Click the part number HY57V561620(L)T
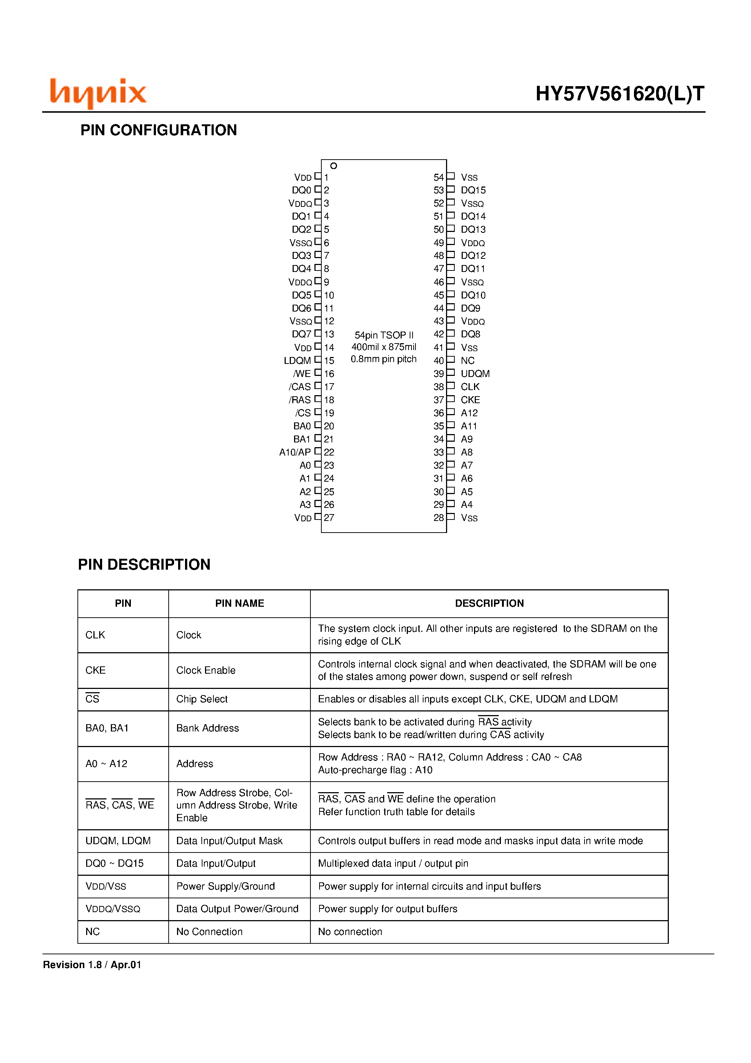619,94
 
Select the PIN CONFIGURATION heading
158,130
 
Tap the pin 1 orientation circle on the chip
333,166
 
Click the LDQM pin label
297,361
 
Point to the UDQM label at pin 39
475,374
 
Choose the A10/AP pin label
295,452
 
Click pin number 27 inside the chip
329,518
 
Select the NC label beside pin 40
467,361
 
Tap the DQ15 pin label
473,190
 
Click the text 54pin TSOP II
384,335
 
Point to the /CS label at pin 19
303,413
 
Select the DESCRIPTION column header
489,603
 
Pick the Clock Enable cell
206,670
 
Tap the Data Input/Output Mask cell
229,841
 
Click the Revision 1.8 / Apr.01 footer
92,965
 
